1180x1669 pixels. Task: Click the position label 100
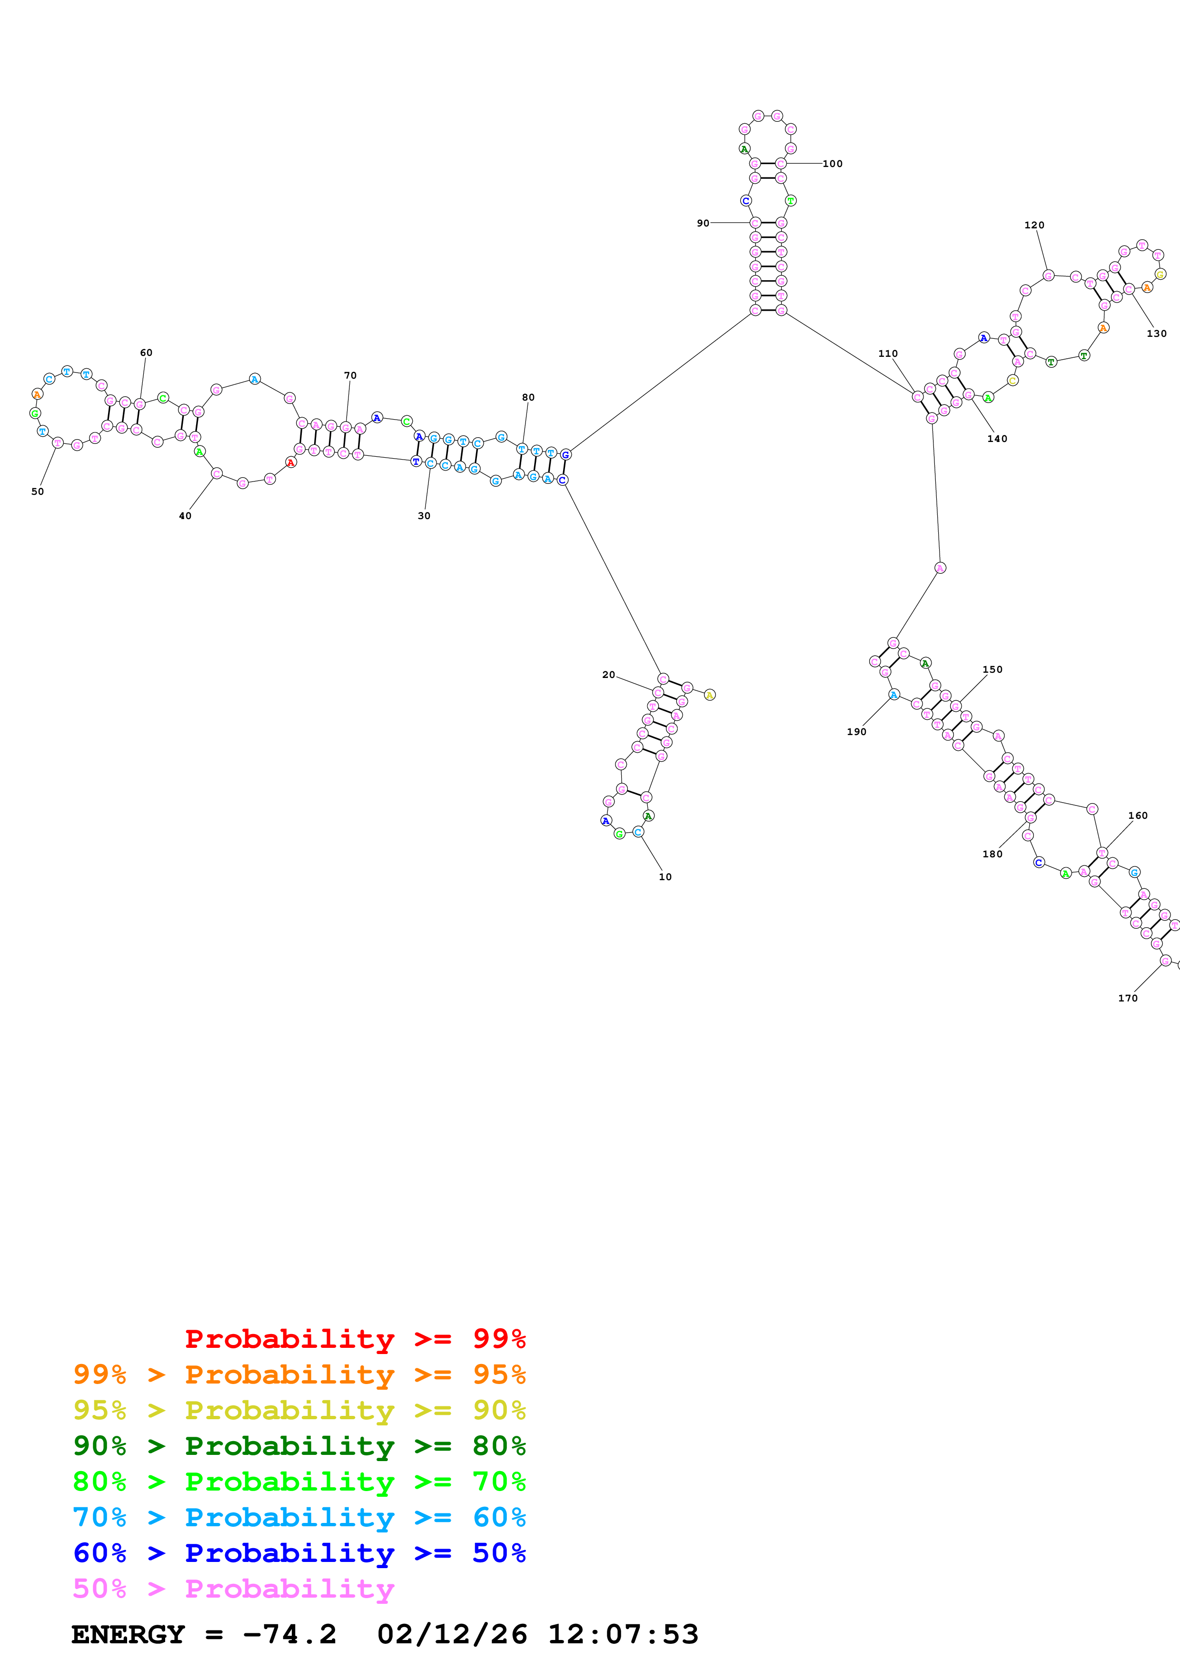(833, 164)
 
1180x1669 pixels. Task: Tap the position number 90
(703, 223)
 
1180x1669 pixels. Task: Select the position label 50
(38, 491)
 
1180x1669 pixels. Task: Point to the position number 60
(146, 353)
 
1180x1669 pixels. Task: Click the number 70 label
(350, 375)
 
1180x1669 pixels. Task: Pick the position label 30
(424, 515)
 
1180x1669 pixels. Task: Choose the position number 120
(1034, 226)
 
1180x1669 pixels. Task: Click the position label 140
(997, 438)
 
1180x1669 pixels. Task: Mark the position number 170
(1128, 998)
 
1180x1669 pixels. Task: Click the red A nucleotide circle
(291, 462)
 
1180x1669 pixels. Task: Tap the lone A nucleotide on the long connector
(940, 568)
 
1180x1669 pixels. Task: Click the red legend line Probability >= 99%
(355, 1338)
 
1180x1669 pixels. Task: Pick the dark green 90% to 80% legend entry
(299, 1446)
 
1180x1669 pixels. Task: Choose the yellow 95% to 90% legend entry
(299, 1410)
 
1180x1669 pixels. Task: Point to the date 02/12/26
(452, 1634)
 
